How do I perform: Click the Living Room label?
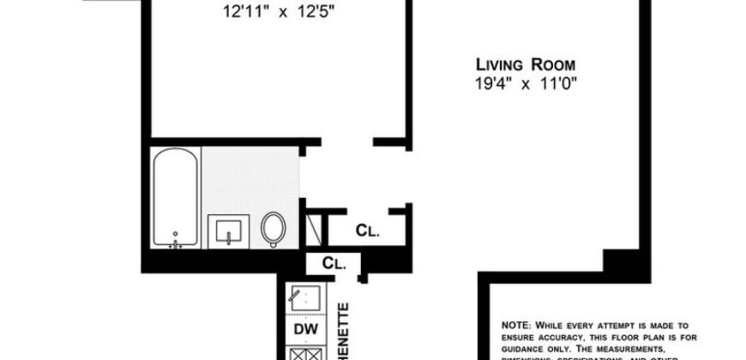526,65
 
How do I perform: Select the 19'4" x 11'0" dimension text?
526,83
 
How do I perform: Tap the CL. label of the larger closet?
368,231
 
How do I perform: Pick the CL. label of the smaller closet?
334,264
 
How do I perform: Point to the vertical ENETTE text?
342,330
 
